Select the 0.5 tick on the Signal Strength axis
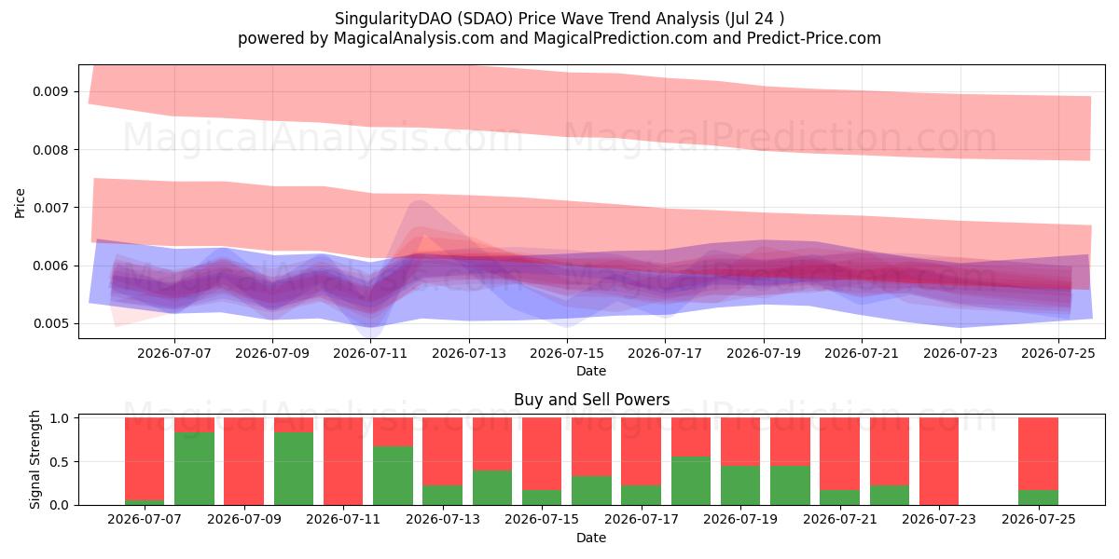click(x=59, y=462)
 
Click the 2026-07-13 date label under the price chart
click(x=468, y=353)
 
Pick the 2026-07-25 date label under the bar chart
click(x=1039, y=519)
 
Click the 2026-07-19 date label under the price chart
click(x=764, y=353)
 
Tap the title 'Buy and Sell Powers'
click(x=591, y=400)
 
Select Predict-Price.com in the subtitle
click(x=814, y=38)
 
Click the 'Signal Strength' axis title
click(x=35, y=459)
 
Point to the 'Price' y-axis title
click(x=20, y=203)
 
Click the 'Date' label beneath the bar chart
click(x=591, y=538)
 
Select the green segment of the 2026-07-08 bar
click(x=194, y=469)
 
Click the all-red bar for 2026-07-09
click(x=243, y=461)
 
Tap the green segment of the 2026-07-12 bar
click(x=394, y=476)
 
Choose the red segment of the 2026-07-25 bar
click(x=1039, y=454)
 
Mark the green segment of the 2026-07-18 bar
click(x=691, y=481)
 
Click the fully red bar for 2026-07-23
click(x=939, y=461)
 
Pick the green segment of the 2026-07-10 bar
click(x=294, y=469)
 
